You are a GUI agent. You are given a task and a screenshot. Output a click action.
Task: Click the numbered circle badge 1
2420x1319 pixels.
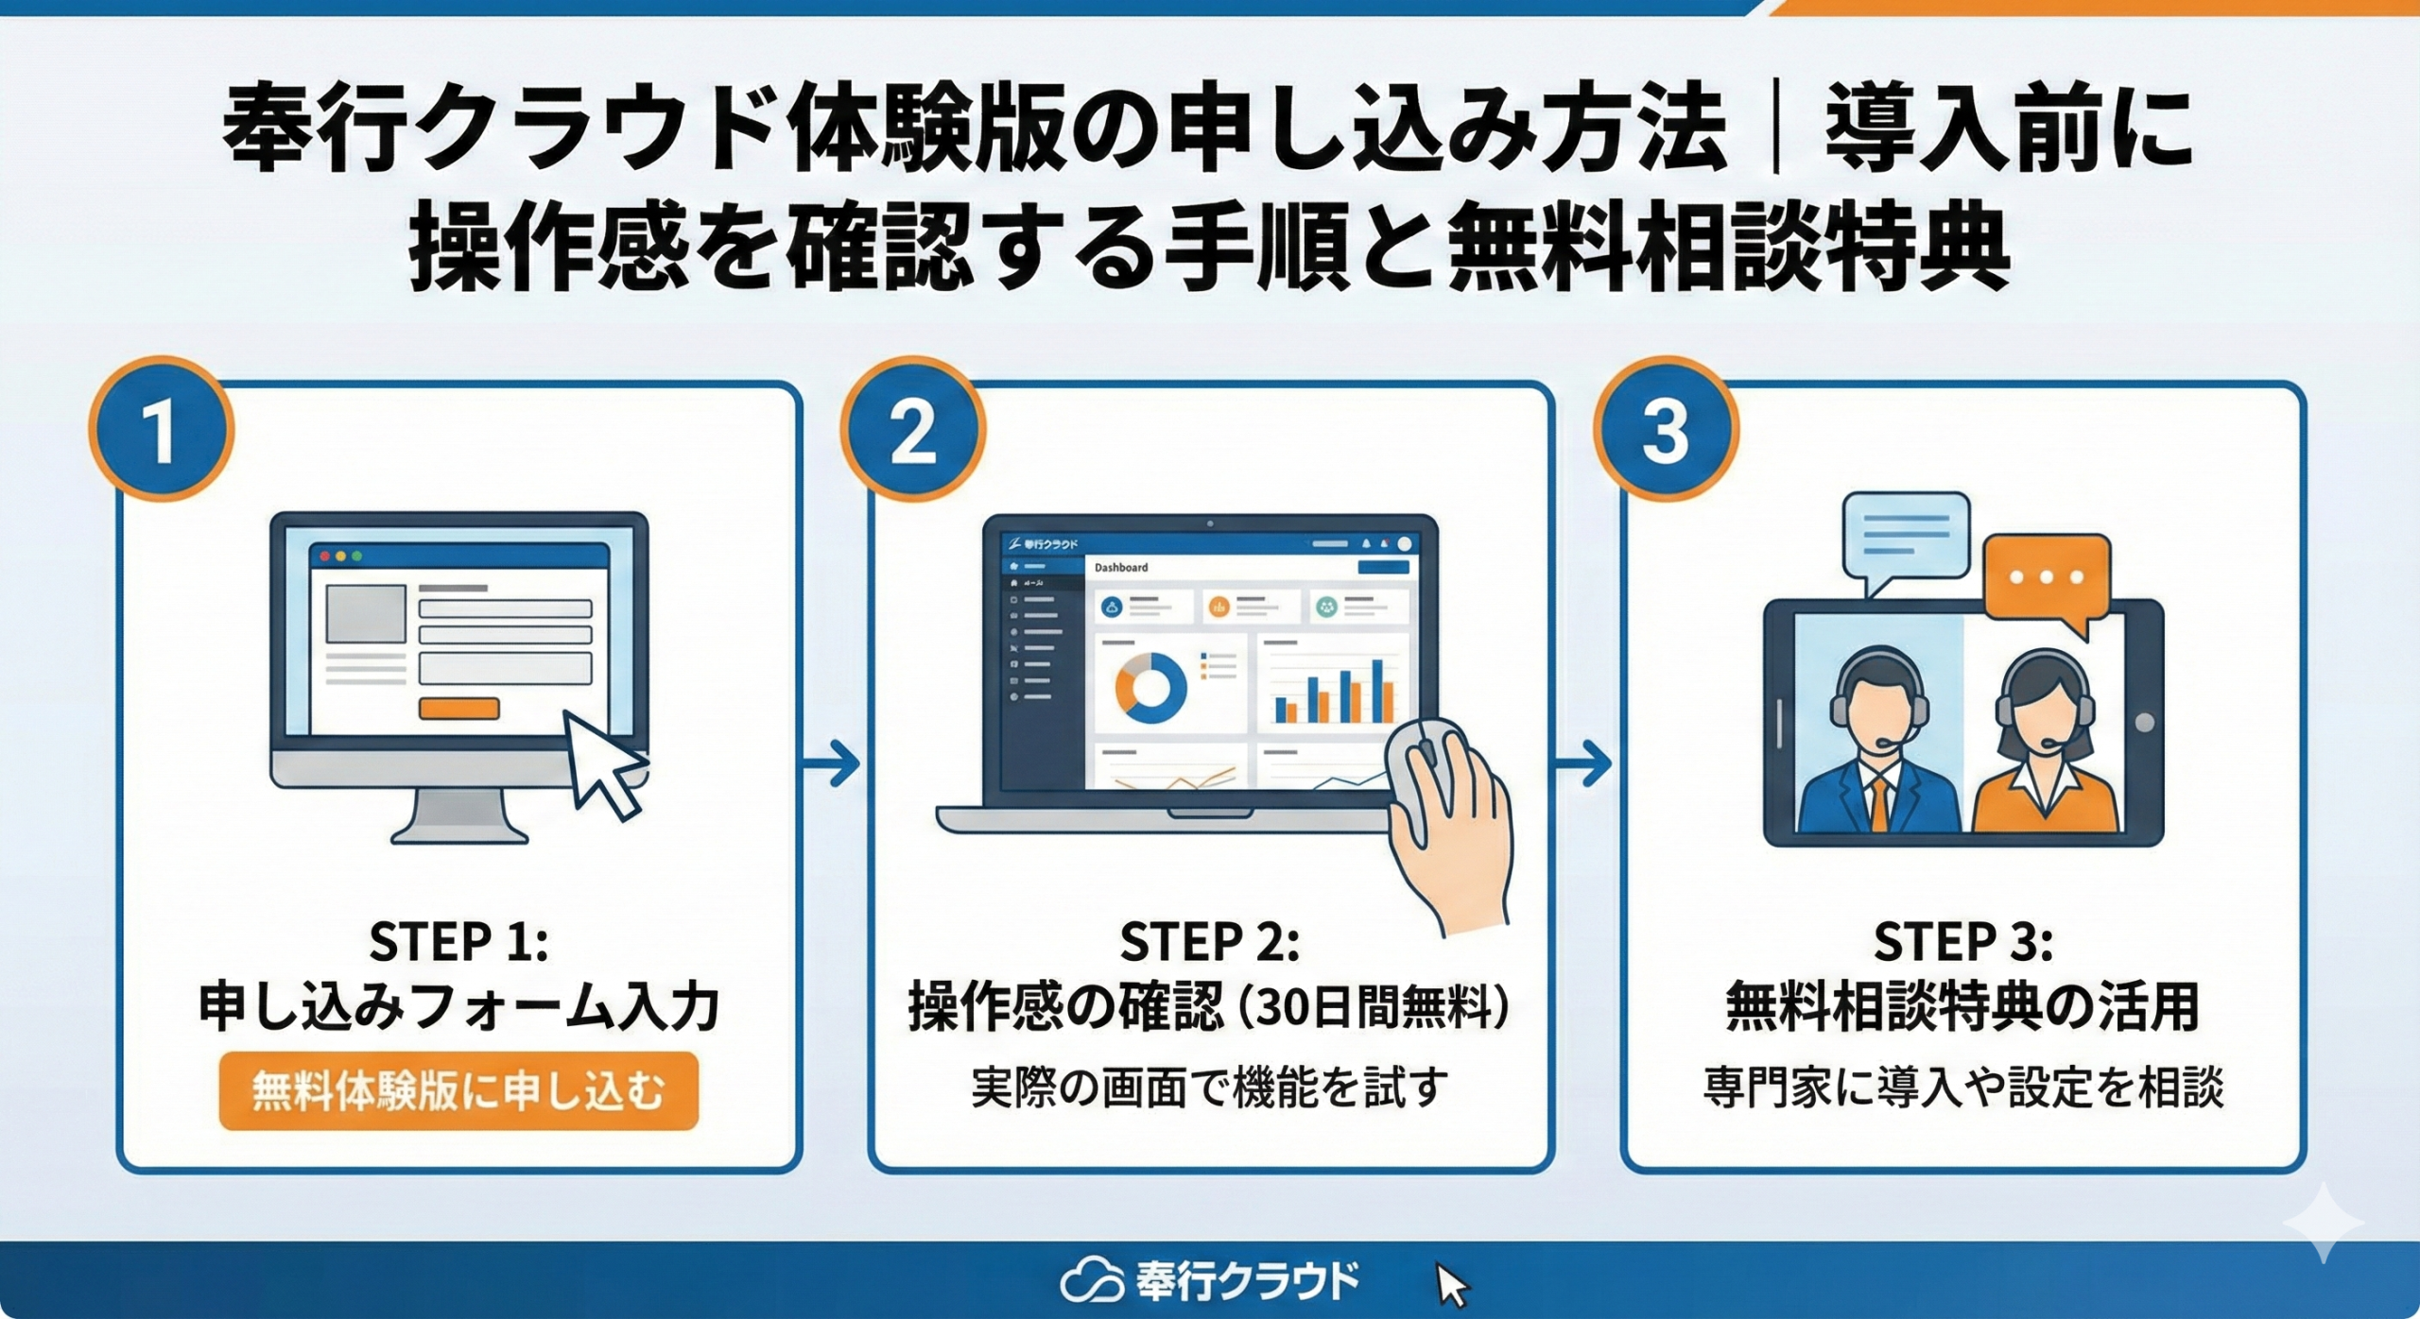(x=162, y=430)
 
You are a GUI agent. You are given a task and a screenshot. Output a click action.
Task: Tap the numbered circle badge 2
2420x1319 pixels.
(x=912, y=430)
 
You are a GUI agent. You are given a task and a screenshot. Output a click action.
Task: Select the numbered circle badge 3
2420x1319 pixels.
(x=1666, y=430)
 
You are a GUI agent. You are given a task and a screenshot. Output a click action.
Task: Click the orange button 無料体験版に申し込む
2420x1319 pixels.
(x=458, y=1091)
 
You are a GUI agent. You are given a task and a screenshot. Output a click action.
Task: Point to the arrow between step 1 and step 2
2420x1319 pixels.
(x=832, y=762)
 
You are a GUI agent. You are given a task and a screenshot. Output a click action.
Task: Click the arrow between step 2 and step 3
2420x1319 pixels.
(x=1584, y=762)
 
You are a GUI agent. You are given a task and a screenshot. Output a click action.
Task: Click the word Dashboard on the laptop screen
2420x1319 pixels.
(x=1121, y=568)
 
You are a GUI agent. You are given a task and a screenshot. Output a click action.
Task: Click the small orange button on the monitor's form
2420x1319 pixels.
(x=458, y=709)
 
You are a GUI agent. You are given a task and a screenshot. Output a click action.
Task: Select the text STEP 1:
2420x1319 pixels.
(x=458, y=941)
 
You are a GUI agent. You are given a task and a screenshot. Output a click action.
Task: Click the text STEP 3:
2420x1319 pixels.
(x=1963, y=941)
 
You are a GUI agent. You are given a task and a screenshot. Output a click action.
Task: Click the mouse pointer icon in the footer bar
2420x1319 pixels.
(x=1451, y=1285)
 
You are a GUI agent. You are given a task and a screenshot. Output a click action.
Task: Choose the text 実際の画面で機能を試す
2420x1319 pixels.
(x=1209, y=1088)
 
